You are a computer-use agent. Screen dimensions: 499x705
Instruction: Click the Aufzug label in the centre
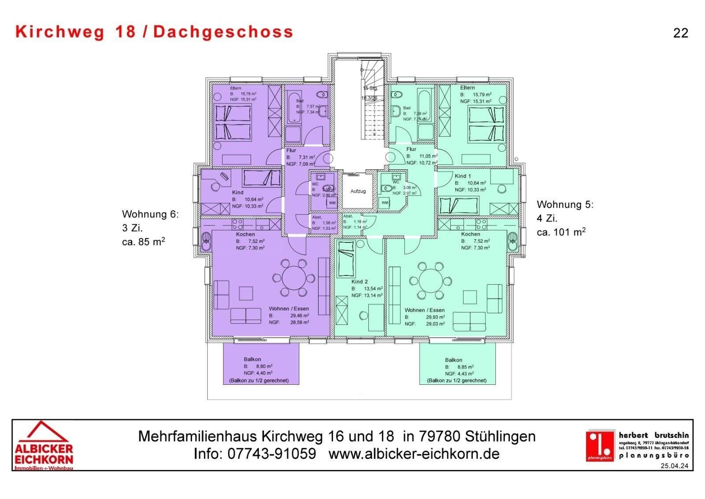[x=358, y=191]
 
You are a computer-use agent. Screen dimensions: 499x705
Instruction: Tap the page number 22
[x=680, y=33]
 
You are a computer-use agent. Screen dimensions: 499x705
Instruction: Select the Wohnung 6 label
[x=150, y=214]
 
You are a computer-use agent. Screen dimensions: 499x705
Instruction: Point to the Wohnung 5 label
[x=565, y=205]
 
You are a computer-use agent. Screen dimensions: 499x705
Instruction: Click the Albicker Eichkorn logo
[x=44, y=446]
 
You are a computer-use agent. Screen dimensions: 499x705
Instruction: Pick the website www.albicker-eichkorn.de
[x=414, y=454]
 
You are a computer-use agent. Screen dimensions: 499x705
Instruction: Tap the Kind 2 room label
[x=360, y=282]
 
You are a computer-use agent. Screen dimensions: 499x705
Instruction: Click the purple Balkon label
[x=252, y=360]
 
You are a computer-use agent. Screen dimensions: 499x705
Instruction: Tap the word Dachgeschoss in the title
[x=223, y=32]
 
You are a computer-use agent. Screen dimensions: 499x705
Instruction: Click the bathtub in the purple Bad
[x=293, y=108]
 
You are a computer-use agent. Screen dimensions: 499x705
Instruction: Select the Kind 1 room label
[x=463, y=176]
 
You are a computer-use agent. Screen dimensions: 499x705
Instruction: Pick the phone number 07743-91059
[x=271, y=454]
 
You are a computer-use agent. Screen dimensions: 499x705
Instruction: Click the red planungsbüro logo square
[x=600, y=445]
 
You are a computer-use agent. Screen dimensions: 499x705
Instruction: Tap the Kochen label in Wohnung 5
[x=471, y=234]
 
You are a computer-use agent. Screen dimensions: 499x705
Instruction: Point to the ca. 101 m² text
[x=561, y=232]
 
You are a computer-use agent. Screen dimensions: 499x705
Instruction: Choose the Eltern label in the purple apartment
[x=235, y=88]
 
